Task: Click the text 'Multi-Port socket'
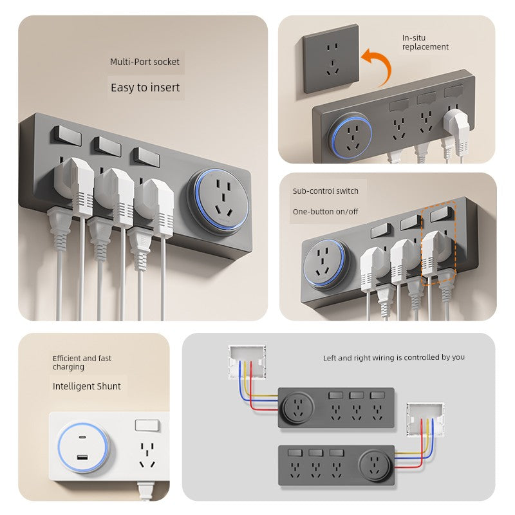coord(144,62)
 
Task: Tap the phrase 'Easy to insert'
coord(145,88)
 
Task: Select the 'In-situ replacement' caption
coord(425,42)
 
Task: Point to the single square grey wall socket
coord(330,59)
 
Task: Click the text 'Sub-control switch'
coord(326,191)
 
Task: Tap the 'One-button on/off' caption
coord(325,212)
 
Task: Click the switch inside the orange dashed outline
coord(441,214)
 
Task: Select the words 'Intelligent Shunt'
coord(87,386)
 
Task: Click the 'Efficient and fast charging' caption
coord(82,362)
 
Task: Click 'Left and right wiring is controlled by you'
coord(394,357)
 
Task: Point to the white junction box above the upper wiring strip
coord(247,362)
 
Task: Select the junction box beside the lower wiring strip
coord(426,420)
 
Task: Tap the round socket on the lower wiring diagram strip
coord(375,465)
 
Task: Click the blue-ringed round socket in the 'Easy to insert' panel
coord(218,203)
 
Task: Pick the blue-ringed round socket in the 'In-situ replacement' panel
coord(350,136)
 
